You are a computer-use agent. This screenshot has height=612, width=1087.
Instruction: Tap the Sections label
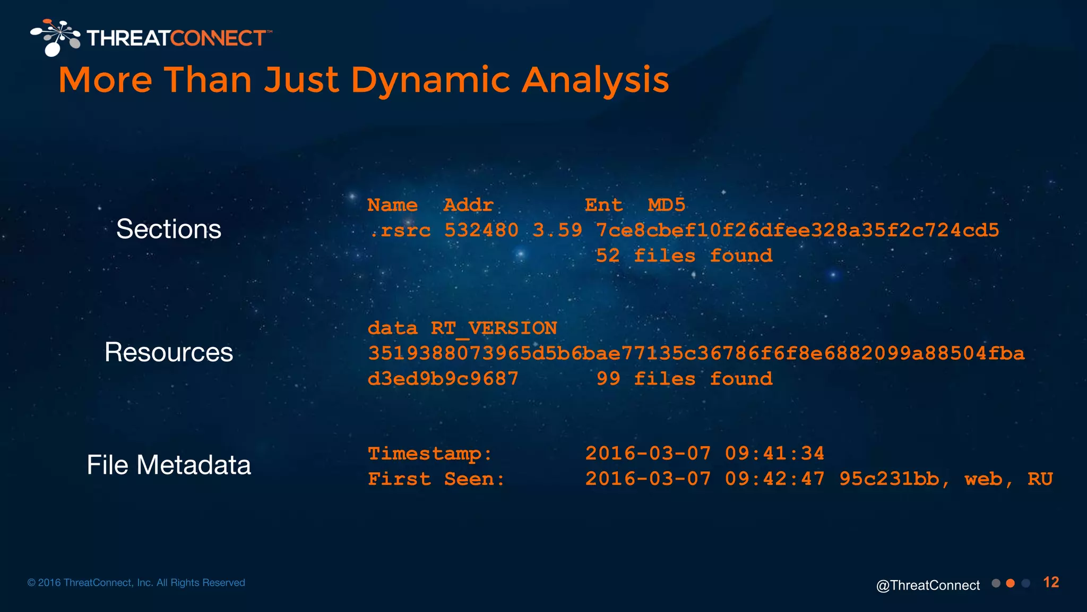[169, 229]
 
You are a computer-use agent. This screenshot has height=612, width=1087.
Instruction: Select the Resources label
[169, 352]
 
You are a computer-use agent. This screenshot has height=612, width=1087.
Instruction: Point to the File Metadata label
[169, 465]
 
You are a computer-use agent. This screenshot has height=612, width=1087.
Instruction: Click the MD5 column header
[667, 205]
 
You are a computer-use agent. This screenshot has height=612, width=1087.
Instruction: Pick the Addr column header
[468, 205]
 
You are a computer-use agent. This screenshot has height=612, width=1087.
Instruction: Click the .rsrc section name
[400, 231]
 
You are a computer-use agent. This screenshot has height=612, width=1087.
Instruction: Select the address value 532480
[481, 231]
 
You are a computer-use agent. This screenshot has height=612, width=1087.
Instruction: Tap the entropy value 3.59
[557, 231]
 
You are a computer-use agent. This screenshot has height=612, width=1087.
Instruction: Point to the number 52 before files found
[608, 256]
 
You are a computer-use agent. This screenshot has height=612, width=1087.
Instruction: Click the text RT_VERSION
[494, 328]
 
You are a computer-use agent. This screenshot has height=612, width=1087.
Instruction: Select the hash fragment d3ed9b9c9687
[443, 379]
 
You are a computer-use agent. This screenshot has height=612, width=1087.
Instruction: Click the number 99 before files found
[608, 379]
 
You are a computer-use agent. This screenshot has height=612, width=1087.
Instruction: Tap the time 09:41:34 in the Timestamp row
[774, 454]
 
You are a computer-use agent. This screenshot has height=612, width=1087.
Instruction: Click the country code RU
[1040, 479]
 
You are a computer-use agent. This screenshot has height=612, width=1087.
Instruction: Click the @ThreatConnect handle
[928, 585]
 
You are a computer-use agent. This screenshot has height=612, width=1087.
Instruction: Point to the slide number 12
[1051, 583]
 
